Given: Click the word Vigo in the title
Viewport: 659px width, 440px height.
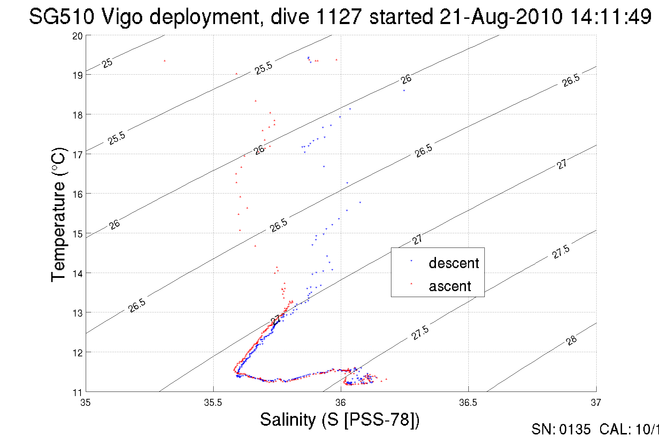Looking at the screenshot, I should (122, 16).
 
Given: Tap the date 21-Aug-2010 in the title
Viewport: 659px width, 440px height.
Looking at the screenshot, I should (501, 16).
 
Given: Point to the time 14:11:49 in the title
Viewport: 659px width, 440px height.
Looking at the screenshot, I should (611, 16).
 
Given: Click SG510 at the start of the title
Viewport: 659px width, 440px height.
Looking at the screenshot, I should (61, 16).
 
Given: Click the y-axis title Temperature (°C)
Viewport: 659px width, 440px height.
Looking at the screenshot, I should (58, 215).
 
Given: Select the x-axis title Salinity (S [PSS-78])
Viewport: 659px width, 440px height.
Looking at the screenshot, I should (340, 419).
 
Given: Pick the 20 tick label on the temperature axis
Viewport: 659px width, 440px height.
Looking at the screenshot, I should (77, 36).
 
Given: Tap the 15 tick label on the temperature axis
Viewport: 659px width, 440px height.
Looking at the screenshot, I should (77, 234).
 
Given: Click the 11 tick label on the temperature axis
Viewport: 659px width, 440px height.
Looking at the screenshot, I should (77, 393).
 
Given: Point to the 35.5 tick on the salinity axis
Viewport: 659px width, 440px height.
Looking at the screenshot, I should (213, 403).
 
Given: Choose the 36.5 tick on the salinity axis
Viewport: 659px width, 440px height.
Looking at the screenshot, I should (468, 403).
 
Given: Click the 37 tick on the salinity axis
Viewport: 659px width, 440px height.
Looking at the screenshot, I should (596, 403).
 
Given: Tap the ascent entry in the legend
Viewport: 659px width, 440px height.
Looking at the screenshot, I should (450, 286).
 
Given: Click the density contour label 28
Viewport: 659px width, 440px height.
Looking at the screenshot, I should (572, 340).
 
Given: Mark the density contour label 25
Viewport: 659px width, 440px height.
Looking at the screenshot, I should (107, 63).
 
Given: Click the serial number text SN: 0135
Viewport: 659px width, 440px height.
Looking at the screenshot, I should (561, 430).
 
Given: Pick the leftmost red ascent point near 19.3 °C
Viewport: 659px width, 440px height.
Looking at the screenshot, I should (164, 61).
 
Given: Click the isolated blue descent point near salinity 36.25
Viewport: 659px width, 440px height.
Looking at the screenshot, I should (404, 91).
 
